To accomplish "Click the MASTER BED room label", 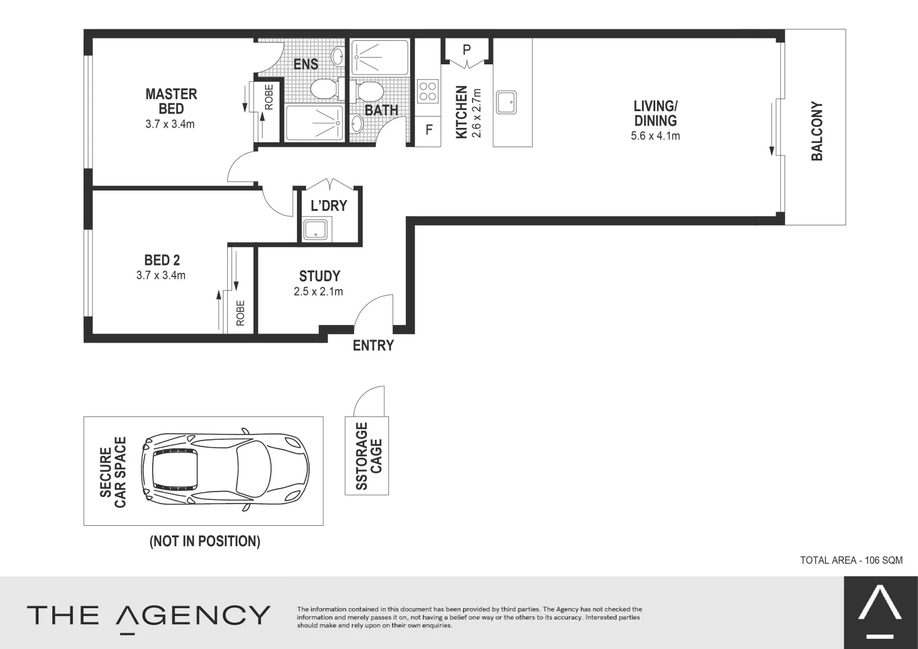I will [171, 101].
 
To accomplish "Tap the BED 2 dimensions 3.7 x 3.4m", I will [161, 276].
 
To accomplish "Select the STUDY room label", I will [319, 276].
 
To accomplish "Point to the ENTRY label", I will [373, 346].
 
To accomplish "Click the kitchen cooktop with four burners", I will [427, 91].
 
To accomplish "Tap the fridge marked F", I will [429, 130].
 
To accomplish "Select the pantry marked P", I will [467, 50].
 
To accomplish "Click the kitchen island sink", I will [506, 102].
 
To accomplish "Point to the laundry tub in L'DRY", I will [316, 230].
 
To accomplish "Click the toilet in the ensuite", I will [325, 89].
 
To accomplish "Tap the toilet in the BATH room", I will [369, 91].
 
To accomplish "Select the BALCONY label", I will [816, 131].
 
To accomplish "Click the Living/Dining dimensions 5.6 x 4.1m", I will [655, 136].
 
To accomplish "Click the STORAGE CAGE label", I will [369, 456].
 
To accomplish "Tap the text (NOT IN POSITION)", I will [204, 541].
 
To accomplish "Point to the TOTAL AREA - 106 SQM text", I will [851, 560].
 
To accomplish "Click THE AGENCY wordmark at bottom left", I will [148, 616].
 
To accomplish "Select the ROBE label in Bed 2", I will [240, 313].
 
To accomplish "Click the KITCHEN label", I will [461, 112].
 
